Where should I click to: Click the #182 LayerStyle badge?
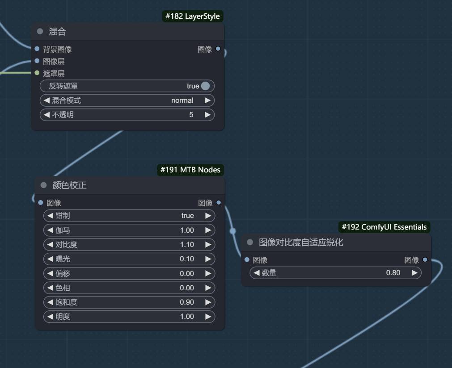point(192,16)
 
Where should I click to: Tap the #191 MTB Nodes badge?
point(190,170)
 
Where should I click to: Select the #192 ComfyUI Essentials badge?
point(384,227)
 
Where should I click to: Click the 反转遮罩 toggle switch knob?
point(205,86)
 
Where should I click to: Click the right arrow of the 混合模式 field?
point(207,100)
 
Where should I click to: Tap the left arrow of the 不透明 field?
point(46,115)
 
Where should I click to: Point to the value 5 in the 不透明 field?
point(191,115)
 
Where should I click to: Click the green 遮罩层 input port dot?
point(37,73)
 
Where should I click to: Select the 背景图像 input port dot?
point(37,49)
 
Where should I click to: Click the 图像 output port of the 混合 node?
point(218,49)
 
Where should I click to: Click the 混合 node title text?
point(57,32)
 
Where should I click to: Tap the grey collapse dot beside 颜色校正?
point(43,185)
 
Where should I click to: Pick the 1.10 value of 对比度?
point(187,245)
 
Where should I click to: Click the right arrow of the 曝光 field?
point(208,259)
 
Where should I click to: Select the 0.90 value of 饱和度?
point(187,302)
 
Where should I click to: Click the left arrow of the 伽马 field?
point(50,230)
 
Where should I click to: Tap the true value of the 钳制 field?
point(188,216)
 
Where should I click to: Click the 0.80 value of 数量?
point(393,272)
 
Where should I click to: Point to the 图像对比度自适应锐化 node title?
point(301,243)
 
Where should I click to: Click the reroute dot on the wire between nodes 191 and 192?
point(232,231)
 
